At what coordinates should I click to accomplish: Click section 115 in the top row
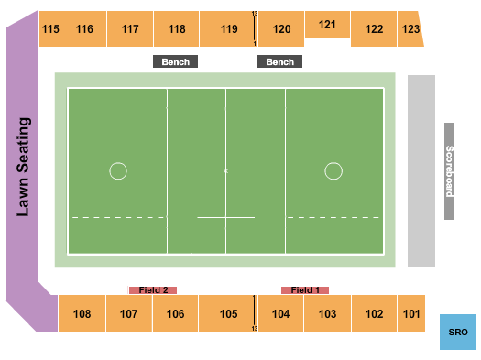pyautogui.click(x=50, y=29)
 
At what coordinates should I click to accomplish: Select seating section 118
pyautogui.click(x=177, y=29)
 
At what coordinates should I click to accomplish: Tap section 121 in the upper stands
pyautogui.click(x=327, y=25)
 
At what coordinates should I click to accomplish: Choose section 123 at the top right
pyautogui.click(x=411, y=29)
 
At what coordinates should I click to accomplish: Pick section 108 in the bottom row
pyautogui.click(x=82, y=314)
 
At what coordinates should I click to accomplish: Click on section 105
pyautogui.click(x=228, y=314)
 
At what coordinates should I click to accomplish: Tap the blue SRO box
pyautogui.click(x=457, y=331)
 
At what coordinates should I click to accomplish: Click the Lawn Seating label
pyautogui.click(x=24, y=167)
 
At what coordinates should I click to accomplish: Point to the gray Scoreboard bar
pyautogui.click(x=449, y=171)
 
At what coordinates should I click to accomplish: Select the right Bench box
pyautogui.click(x=280, y=62)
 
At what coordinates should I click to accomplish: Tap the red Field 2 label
pyautogui.click(x=153, y=290)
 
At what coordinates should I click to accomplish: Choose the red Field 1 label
pyautogui.click(x=304, y=290)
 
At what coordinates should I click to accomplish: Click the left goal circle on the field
pyautogui.click(x=117, y=170)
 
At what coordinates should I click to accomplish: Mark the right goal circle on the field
pyautogui.click(x=333, y=170)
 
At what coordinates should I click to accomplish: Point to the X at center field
pyautogui.click(x=225, y=171)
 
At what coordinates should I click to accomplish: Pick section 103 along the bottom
pyautogui.click(x=327, y=314)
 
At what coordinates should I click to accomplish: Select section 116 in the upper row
pyautogui.click(x=84, y=29)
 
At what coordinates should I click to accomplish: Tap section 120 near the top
pyautogui.click(x=281, y=29)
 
